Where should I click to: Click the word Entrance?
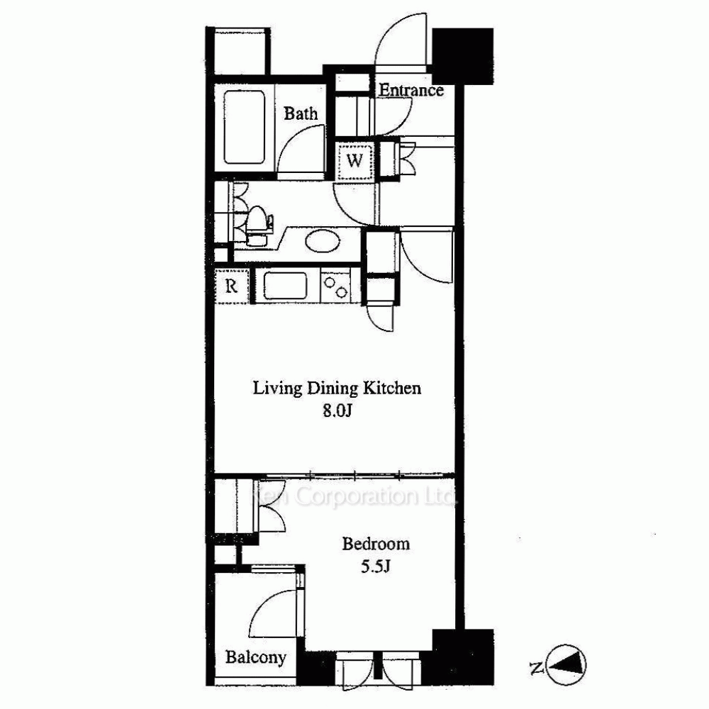pyautogui.click(x=411, y=91)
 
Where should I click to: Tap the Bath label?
pyautogui.click(x=301, y=113)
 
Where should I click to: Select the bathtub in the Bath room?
pyautogui.click(x=244, y=128)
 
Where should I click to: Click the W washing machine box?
pyautogui.click(x=355, y=160)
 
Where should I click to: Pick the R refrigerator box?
pyautogui.click(x=232, y=286)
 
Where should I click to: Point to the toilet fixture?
pyautogui.click(x=259, y=225)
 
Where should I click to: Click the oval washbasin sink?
pyautogui.click(x=323, y=241)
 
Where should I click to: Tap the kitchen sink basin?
pyautogui.click(x=285, y=286)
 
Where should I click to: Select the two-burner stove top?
pyautogui.click(x=335, y=286)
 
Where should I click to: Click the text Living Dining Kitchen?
pyautogui.click(x=337, y=389)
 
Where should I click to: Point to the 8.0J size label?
pyautogui.click(x=337, y=411)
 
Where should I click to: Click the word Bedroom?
pyautogui.click(x=376, y=544)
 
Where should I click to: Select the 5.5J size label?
pyautogui.click(x=375, y=566)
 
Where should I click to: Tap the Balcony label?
pyautogui.click(x=256, y=657)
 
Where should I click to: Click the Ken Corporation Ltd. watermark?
pyautogui.click(x=355, y=498)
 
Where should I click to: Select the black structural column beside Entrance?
pyautogui.click(x=462, y=56)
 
